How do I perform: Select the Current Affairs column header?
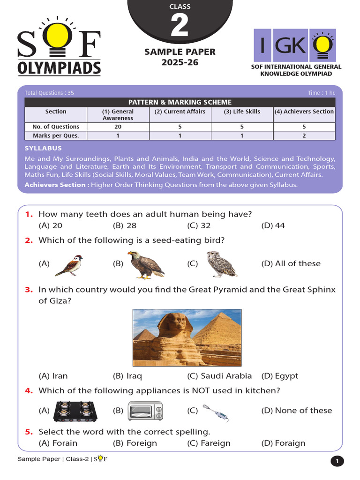click(180, 112)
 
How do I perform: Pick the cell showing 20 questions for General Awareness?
click(118, 127)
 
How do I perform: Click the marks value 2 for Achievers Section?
click(304, 135)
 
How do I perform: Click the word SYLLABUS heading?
click(43, 148)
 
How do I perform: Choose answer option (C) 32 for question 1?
click(199, 225)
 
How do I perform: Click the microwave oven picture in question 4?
click(145, 410)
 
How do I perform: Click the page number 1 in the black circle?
click(337, 461)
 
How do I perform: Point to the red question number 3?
click(29, 290)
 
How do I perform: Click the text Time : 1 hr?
click(322, 93)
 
